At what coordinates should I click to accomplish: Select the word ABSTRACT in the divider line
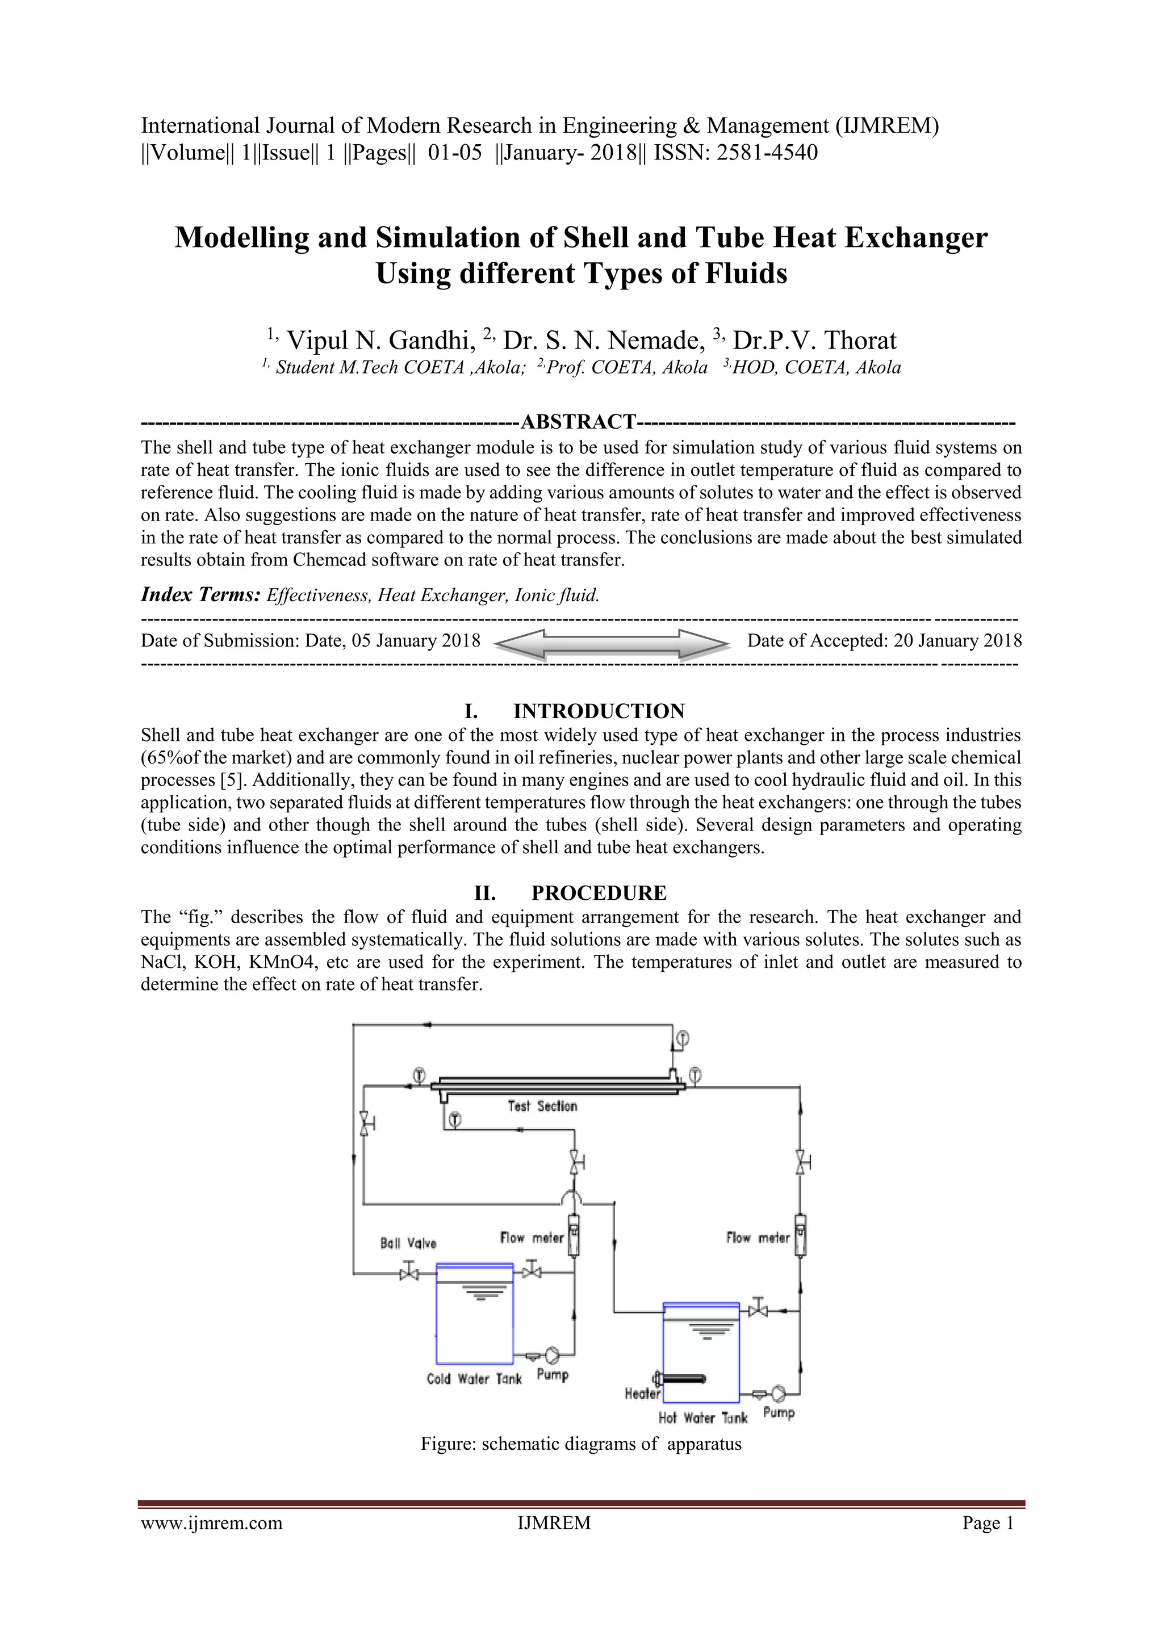point(579,422)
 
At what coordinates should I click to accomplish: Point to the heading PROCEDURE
point(599,893)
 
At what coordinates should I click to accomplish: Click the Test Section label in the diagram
point(542,1106)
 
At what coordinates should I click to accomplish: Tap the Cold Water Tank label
point(474,1379)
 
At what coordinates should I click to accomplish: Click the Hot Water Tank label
point(702,1417)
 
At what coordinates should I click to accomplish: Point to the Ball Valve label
point(408,1243)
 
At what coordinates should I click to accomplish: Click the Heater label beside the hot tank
point(642,1394)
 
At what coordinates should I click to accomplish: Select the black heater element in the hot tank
point(683,1379)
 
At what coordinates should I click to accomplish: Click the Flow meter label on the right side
point(758,1238)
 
